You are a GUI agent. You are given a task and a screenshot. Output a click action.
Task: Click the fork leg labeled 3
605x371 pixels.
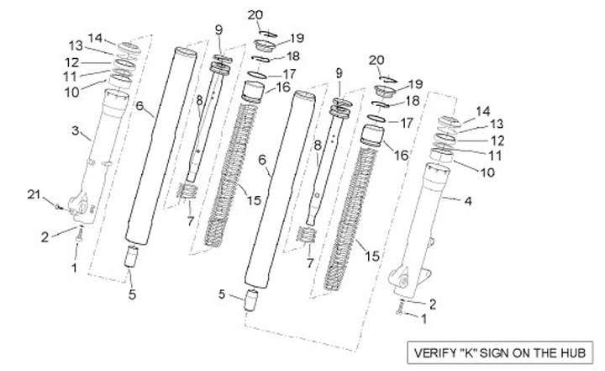104,151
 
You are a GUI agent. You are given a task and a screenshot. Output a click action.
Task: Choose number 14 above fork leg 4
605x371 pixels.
483,110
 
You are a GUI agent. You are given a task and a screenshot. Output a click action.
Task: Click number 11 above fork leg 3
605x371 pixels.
71,76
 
